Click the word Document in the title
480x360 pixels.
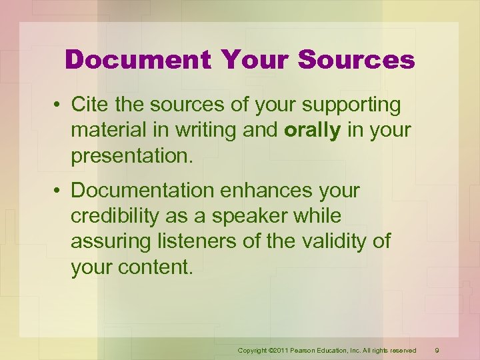click(x=136, y=60)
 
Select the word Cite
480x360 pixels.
click(x=89, y=105)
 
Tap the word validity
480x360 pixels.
click(x=328, y=241)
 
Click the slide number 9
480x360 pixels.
click(x=436, y=350)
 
